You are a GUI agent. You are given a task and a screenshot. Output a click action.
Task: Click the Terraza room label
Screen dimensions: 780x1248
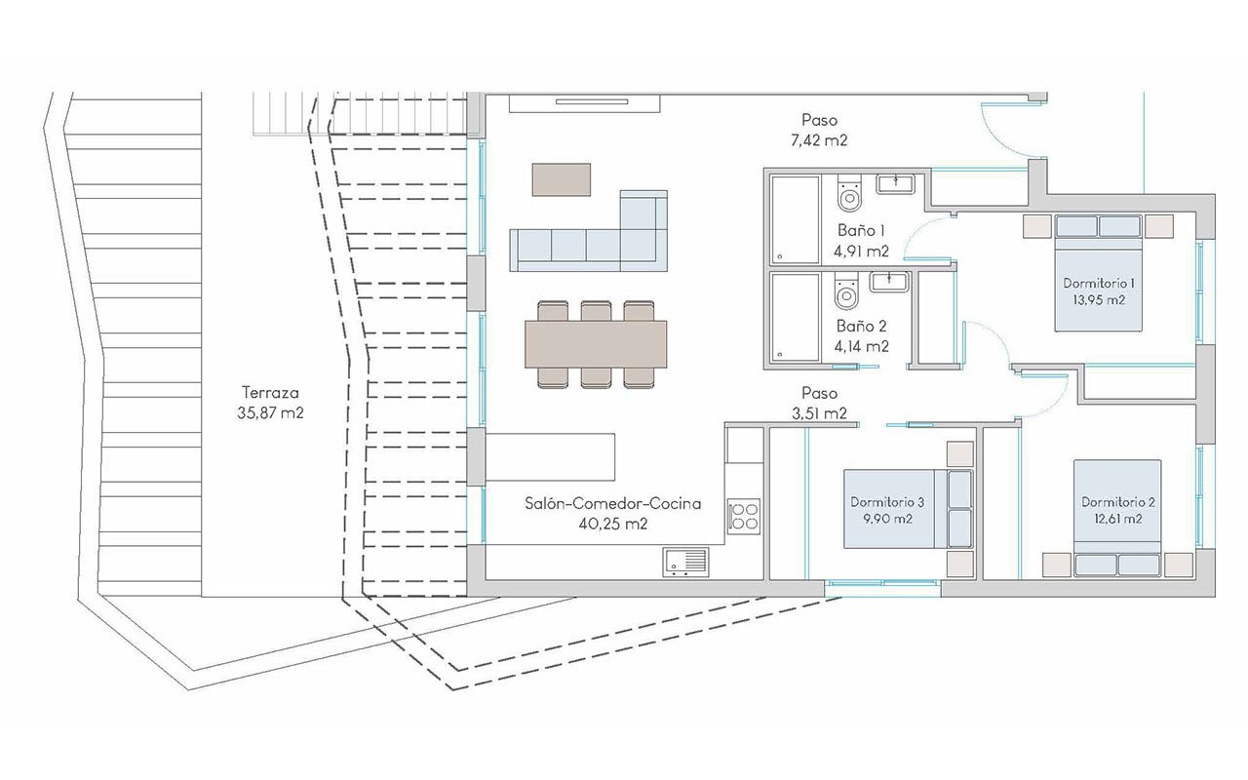pos(272,393)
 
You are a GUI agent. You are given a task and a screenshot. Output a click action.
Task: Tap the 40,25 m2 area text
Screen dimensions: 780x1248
pos(612,524)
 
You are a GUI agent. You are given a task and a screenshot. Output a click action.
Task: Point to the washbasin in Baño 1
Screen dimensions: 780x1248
pos(894,183)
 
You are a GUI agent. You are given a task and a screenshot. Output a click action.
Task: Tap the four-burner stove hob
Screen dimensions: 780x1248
pos(745,515)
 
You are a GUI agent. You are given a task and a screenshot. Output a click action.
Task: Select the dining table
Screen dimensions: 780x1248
pos(597,343)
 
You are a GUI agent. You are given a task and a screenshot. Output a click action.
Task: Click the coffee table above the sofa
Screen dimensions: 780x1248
pos(562,178)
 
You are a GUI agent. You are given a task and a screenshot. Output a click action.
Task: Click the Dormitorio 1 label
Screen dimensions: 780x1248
pos(1098,284)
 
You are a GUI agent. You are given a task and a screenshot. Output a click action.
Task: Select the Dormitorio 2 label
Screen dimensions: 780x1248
pos(1118,502)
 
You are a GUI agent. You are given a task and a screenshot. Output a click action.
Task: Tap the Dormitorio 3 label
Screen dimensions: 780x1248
pos(886,502)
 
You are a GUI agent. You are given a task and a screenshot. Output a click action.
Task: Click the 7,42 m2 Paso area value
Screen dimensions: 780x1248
pos(819,140)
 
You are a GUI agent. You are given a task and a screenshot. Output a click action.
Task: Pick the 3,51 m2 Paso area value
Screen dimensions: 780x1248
pos(819,412)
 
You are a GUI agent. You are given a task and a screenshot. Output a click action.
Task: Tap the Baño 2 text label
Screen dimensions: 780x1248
pos(861,328)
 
